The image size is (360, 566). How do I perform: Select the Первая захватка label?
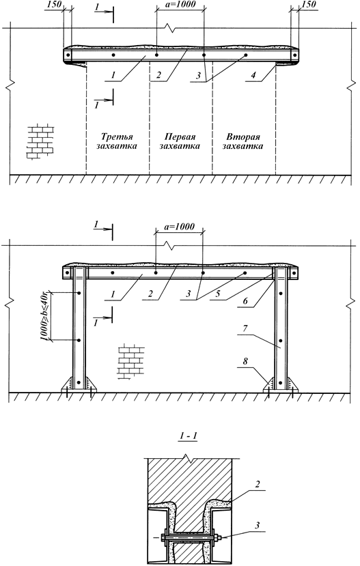click(180, 141)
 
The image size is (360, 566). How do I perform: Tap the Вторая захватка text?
click(243, 141)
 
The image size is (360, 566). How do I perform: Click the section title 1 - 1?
click(188, 436)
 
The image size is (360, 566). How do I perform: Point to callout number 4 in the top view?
click(253, 75)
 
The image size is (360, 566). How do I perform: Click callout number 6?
click(245, 300)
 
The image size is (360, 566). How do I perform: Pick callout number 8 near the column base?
click(245, 361)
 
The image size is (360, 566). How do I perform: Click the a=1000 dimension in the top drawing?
click(180, 4)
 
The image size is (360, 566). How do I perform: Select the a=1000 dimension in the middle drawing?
click(179, 227)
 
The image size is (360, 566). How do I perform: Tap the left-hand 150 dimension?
click(54, 4)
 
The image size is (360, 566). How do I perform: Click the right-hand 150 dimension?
click(308, 4)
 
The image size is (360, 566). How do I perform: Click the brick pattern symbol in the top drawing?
click(40, 142)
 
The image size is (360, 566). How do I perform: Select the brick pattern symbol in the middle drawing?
click(131, 362)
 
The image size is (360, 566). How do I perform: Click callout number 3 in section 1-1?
click(257, 525)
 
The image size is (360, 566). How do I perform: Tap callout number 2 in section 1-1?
click(257, 484)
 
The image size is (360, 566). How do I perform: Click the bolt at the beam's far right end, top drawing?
click(294, 55)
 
